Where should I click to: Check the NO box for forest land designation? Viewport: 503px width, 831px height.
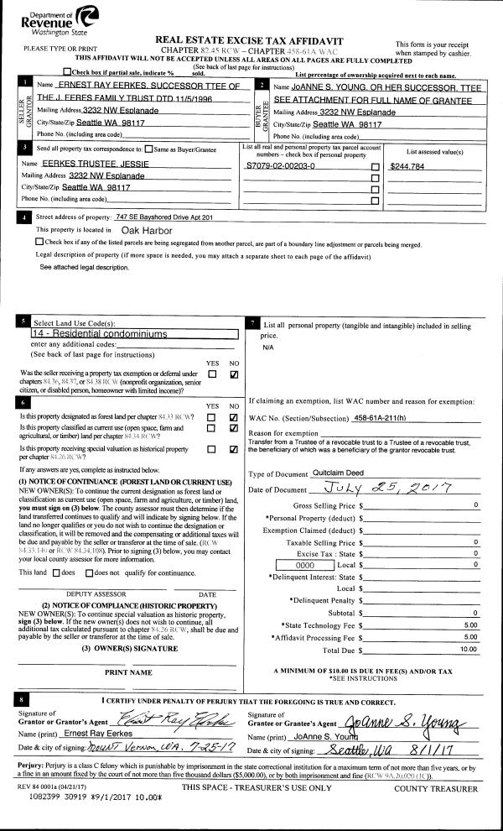coord(234,416)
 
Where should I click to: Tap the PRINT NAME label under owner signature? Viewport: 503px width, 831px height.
coord(128,672)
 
